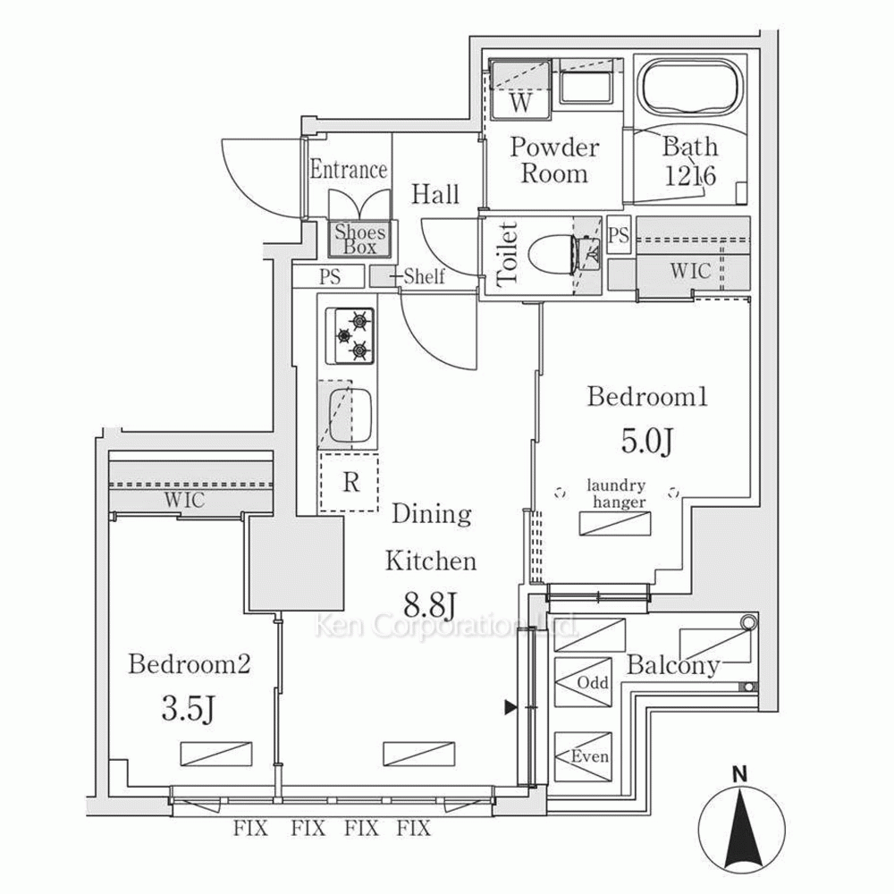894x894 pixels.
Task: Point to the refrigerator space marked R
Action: [x=350, y=483]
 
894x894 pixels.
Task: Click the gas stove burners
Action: [x=351, y=335]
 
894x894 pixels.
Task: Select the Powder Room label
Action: [x=554, y=160]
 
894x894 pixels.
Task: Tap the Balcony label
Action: [x=673, y=665]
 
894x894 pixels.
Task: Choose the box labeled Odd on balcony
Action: [x=582, y=682]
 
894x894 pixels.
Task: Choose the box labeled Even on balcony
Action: [x=582, y=756]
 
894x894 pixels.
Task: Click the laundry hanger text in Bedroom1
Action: [x=616, y=494]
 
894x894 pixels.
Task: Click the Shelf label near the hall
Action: [x=424, y=277]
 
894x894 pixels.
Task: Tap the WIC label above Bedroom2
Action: [x=183, y=501]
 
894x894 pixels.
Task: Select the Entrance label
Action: [x=349, y=170]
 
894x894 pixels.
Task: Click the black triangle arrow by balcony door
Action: [x=510, y=708]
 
